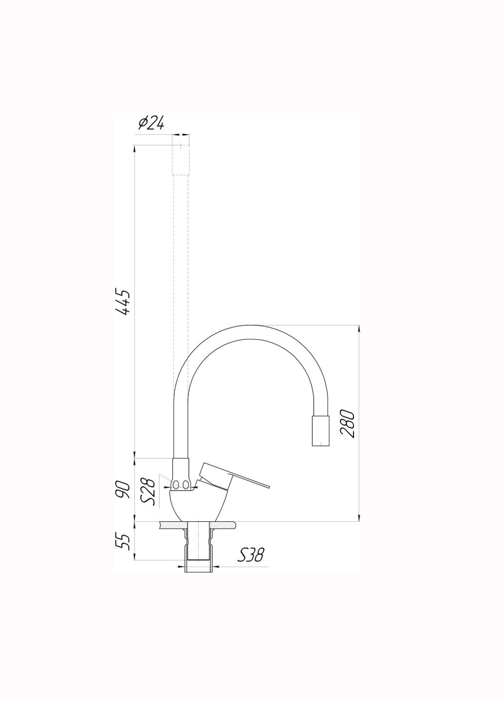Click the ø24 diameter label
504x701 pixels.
[x=151, y=124]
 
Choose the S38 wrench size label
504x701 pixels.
[x=250, y=554]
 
